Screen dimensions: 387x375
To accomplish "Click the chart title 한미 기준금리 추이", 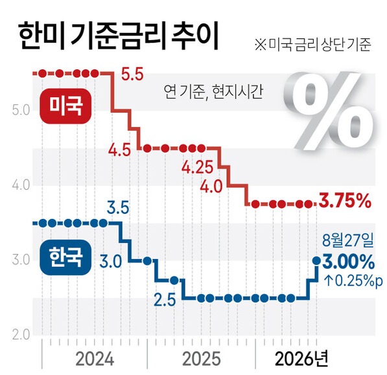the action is coord(118,36).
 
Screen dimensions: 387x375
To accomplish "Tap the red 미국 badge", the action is coord(65,106).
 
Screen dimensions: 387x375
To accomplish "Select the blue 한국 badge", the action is coord(65,257).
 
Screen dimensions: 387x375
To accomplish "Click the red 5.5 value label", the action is coord(132,74).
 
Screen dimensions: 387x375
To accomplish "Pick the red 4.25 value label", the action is coord(197,167).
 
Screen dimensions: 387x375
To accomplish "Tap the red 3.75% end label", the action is coord(345,201).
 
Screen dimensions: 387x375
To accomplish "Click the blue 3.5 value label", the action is coord(118,208).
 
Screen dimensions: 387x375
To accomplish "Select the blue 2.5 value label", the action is coord(165,300).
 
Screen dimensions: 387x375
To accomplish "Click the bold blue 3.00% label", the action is coord(348,262).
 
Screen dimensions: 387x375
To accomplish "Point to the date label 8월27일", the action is coord(348,240).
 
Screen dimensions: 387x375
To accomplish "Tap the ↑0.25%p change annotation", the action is coord(353,280).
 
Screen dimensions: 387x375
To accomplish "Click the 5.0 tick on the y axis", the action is coord(21,111).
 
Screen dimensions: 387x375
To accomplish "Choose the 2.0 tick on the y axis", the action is coord(21,335).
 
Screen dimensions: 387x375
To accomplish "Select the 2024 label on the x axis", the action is coord(95,359).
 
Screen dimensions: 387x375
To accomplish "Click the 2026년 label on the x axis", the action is coord(301,359).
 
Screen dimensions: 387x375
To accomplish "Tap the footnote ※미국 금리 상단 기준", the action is coord(312,45).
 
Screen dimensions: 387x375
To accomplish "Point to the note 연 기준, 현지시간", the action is coord(213,92).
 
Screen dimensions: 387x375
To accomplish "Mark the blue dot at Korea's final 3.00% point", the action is coord(316,260).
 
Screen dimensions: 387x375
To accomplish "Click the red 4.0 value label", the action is coord(211,187).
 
